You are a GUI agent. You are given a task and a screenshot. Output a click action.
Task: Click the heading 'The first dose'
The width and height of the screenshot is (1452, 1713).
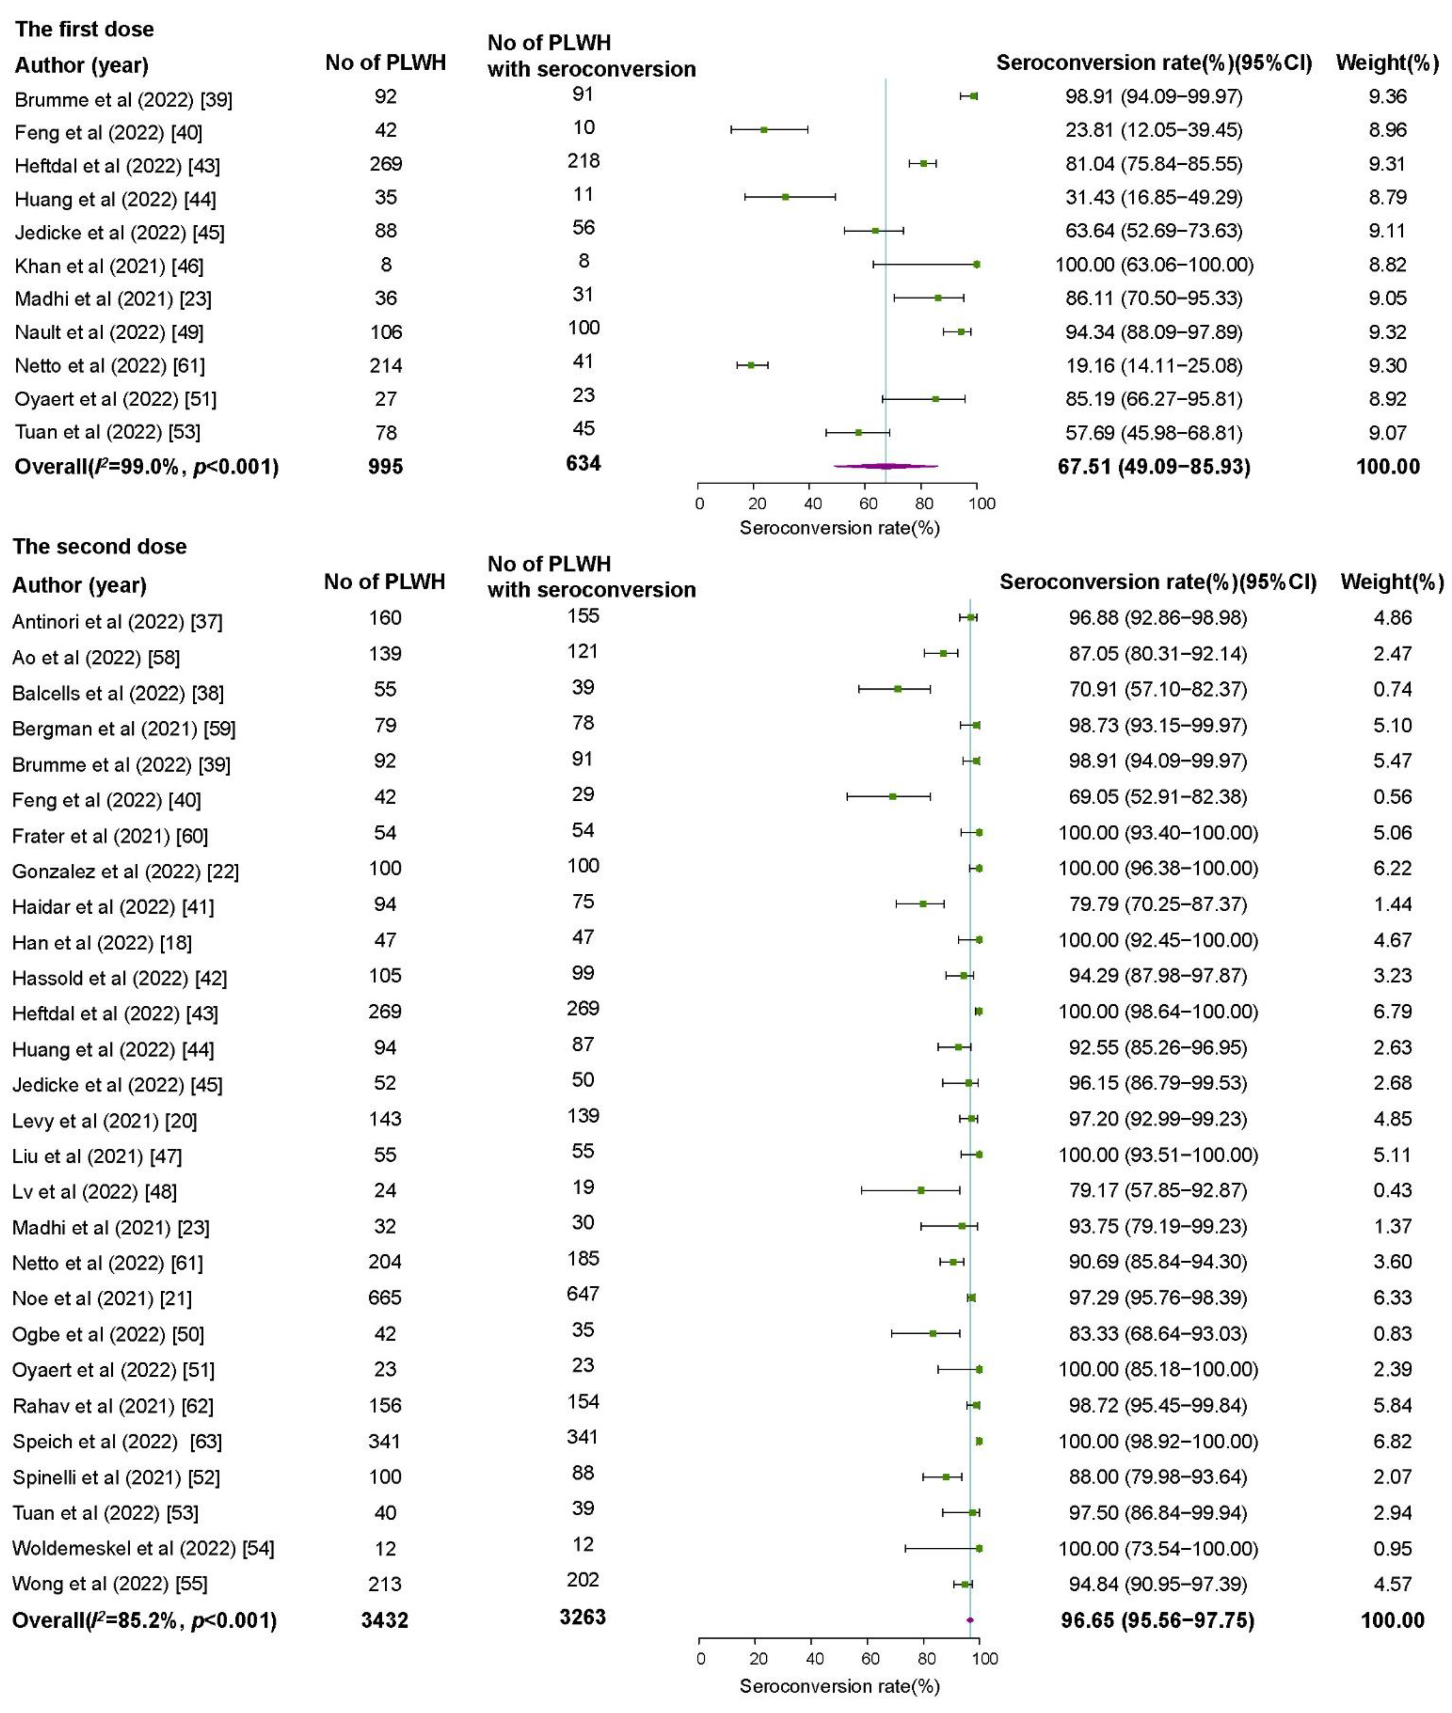point(84,30)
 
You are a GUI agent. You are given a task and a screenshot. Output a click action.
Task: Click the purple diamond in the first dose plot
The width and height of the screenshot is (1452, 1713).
point(886,466)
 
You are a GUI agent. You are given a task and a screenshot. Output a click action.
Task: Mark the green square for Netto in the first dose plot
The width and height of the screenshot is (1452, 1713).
point(751,365)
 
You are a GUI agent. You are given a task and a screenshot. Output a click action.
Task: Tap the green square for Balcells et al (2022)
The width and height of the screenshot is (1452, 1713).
point(897,689)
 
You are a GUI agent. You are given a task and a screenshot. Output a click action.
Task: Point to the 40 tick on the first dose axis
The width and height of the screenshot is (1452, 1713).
point(811,504)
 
